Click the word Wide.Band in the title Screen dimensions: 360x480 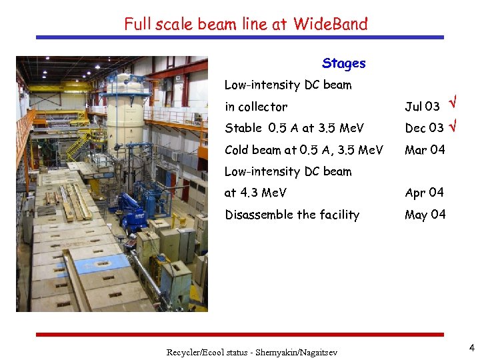(330, 25)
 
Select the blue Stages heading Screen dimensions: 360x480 (343, 63)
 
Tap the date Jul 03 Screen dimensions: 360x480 (422, 107)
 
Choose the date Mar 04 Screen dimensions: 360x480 (425, 150)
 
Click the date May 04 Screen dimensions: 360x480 (425, 215)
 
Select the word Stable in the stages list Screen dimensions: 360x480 (243, 128)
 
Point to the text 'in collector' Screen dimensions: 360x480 (256, 107)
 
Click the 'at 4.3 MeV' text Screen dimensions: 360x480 (255, 193)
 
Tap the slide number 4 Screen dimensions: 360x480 (471, 347)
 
